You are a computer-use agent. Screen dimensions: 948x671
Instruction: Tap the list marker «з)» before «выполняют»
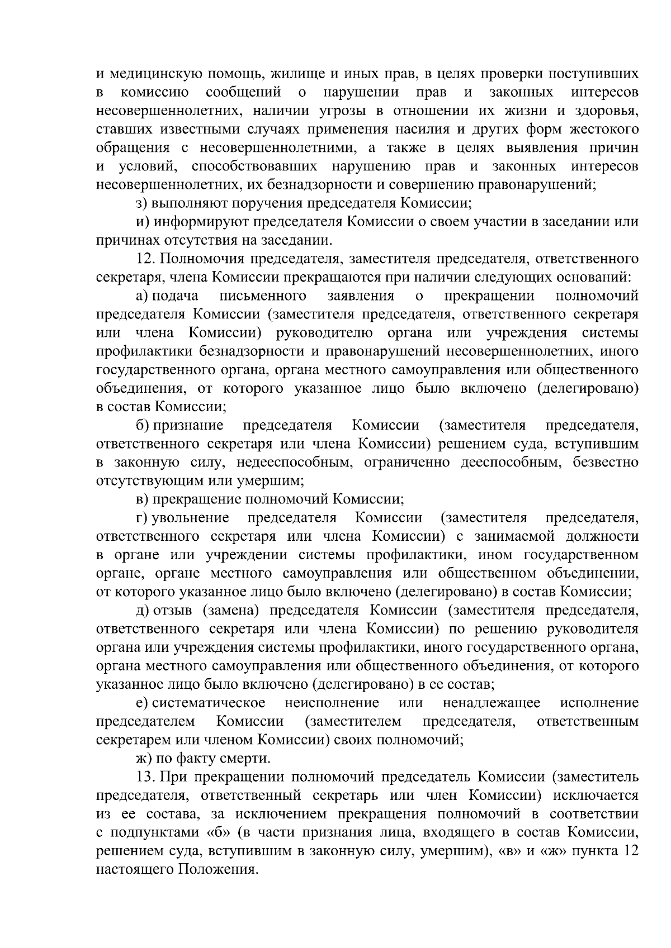[x=142, y=203]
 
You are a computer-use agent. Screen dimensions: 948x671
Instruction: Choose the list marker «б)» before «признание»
[x=143, y=426]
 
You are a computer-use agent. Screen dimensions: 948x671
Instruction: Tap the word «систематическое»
[x=209, y=703]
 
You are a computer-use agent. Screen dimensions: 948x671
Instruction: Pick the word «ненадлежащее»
[x=492, y=703]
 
